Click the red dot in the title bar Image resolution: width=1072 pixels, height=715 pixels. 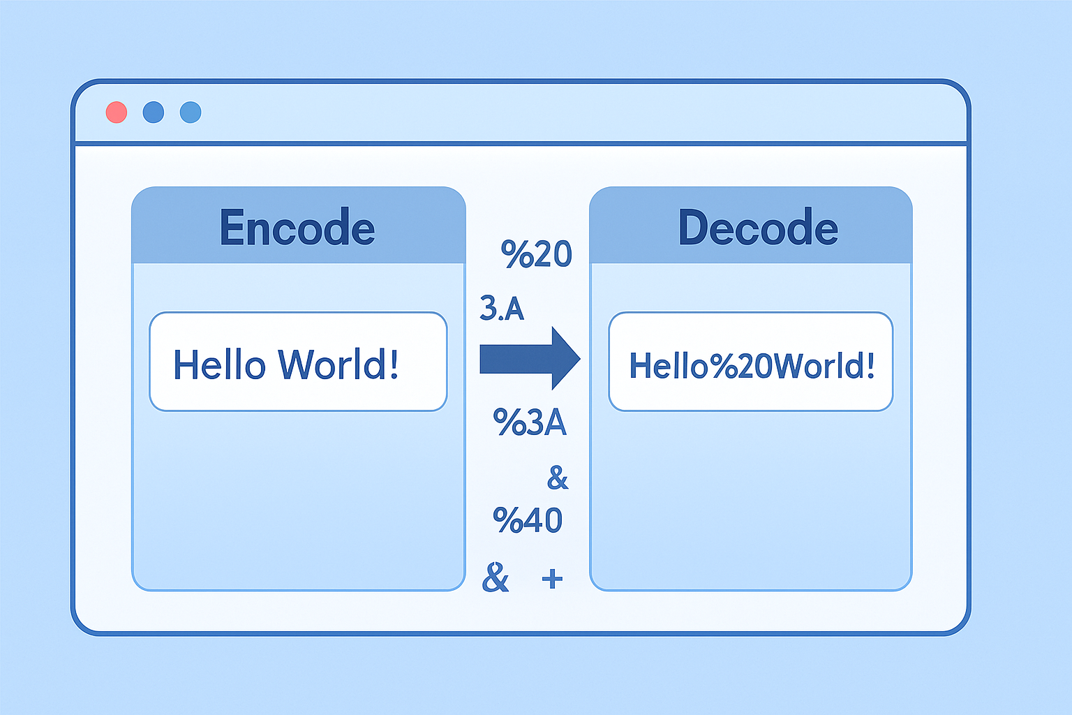pos(117,112)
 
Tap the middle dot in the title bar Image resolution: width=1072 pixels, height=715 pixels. pos(154,112)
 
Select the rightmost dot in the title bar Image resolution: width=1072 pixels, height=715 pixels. pos(191,112)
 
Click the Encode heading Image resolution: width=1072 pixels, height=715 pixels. pos(297,228)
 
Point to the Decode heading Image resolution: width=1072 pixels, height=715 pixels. pos(758,228)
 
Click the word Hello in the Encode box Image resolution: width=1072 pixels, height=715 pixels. pos(219,364)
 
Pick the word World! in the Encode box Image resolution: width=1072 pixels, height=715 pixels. pos(338,364)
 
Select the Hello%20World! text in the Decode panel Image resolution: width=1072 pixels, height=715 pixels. pos(752,365)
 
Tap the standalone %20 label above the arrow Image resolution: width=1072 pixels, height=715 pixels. pos(536,254)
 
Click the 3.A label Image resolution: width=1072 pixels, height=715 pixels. pos(502,308)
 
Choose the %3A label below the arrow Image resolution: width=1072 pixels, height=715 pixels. pos(530,422)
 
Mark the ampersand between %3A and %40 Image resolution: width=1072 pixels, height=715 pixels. pos(558,478)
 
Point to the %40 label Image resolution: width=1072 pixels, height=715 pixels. pos(528,520)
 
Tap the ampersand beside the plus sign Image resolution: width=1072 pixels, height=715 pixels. pos(496,577)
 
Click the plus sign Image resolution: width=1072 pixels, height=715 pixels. pos(552,578)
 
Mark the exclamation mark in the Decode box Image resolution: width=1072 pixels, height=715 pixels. pos(870,364)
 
